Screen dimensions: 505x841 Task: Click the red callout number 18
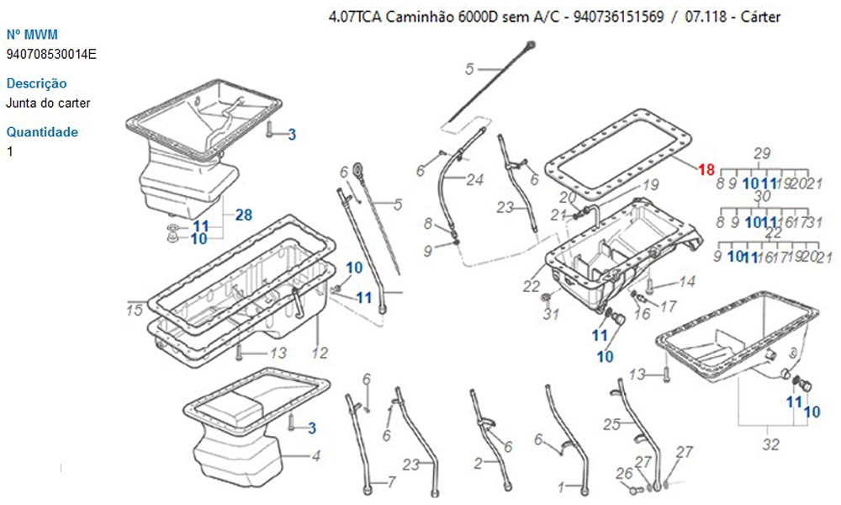coord(706,169)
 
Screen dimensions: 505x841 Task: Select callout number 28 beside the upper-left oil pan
coord(243,215)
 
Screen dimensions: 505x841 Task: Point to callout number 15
coord(135,311)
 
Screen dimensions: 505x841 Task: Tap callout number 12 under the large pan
coord(320,353)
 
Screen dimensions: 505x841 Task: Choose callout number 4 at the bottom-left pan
coord(315,457)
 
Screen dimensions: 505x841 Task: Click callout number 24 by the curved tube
coord(476,179)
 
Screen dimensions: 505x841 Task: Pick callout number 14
coord(687,282)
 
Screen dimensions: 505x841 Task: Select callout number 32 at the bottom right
coord(770,444)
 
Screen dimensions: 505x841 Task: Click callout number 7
coord(390,482)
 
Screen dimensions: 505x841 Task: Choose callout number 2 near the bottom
coord(478,463)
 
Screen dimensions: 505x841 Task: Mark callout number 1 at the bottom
coord(572,486)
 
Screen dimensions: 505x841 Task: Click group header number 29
coord(762,153)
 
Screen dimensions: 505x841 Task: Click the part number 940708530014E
coord(51,55)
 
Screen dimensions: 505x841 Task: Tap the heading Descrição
coord(36,83)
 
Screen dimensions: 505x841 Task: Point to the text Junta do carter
coord(48,104)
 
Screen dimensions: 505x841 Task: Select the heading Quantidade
coord(41,131)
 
